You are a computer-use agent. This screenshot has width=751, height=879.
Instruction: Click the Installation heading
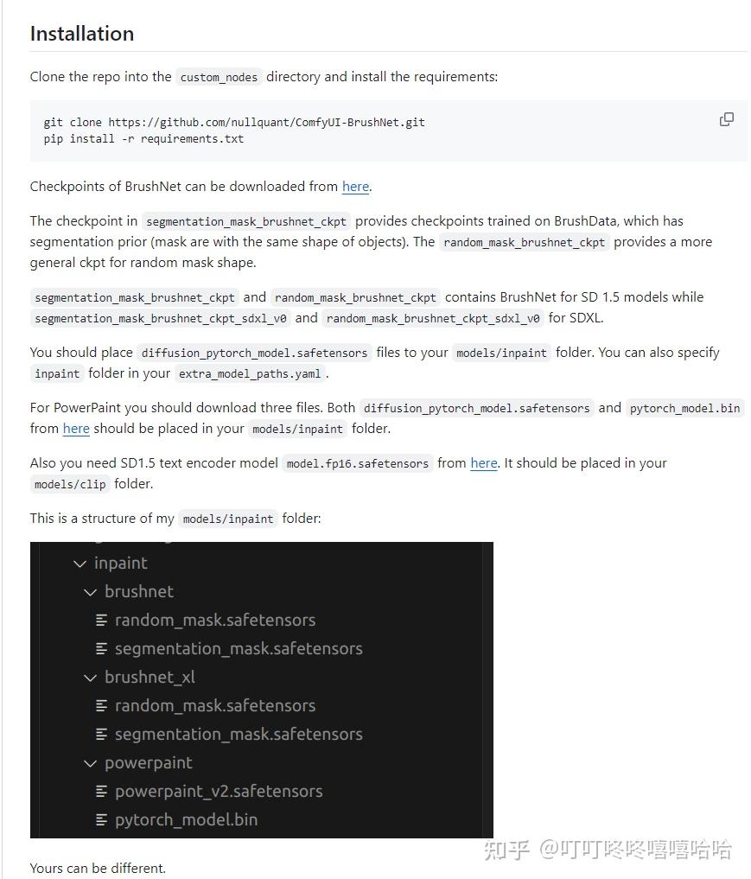82,34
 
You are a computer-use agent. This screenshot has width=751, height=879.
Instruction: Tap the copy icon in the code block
727,119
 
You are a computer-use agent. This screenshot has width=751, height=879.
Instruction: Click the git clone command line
234,122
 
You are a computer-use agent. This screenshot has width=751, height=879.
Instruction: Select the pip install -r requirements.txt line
143,138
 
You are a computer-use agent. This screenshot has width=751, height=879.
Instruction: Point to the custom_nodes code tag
219,77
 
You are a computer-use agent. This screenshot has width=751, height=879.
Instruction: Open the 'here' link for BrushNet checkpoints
355,187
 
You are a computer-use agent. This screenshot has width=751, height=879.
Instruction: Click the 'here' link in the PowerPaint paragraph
76,429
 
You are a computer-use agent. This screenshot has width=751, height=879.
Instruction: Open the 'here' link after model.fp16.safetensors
483,463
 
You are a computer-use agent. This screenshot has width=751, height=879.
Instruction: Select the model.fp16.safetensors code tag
358,464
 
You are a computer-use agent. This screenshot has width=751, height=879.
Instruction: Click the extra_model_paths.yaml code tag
250,374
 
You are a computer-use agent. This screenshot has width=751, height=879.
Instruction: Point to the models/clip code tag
70,485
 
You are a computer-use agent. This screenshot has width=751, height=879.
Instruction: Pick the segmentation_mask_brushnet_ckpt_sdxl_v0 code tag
160,319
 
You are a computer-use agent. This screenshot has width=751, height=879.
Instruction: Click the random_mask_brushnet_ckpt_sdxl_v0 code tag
433,319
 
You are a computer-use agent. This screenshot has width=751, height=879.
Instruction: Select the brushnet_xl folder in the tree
150,677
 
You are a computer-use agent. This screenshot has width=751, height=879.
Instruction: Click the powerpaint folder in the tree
148,762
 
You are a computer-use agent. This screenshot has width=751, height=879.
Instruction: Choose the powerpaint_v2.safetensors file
218,791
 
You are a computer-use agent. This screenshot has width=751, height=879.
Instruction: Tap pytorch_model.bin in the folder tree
186,819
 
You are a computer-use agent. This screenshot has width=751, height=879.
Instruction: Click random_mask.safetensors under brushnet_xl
214,705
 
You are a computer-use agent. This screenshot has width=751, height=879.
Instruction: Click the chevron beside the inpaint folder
80,564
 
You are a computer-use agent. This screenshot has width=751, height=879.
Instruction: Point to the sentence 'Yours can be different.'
98,868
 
